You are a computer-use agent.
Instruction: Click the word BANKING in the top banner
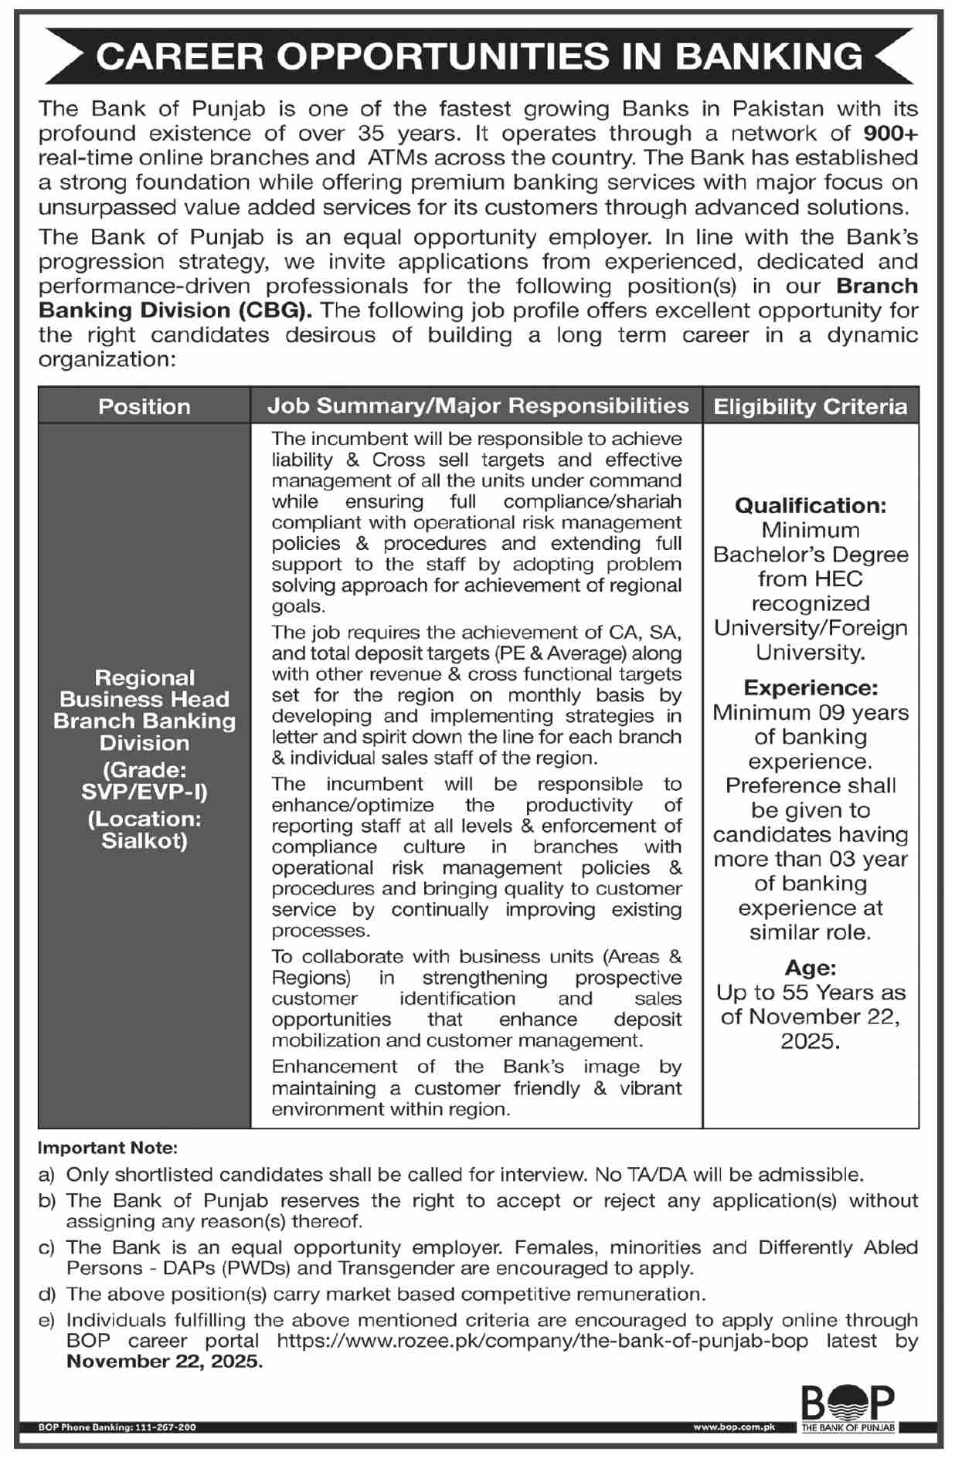pos(770,56)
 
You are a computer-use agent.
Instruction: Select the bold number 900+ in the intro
pos(890,134)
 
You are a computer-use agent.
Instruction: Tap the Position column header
pos(144,406)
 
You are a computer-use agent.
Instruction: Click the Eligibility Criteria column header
pos(810,406)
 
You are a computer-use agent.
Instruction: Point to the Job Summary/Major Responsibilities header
pos(477,405)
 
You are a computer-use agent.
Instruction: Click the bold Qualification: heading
pos(810,506)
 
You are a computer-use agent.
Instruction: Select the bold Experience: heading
pos(810,687)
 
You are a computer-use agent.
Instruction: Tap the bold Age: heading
pos(810,968)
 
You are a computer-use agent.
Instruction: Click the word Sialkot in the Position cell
pos(144,841)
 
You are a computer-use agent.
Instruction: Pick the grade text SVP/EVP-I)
pos(144,792)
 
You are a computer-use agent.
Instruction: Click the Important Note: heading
pos(108,1149)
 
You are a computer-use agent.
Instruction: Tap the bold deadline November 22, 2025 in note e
pos(165,1362)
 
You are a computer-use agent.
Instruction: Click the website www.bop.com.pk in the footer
pos(733,1427)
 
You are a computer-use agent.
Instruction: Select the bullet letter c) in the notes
pos(46,1247)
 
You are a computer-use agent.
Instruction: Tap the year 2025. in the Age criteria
pos(810,1041)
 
